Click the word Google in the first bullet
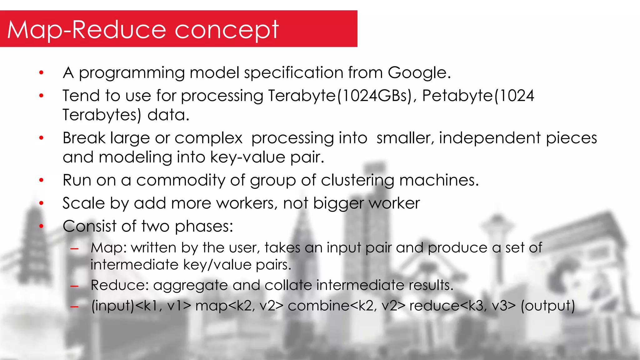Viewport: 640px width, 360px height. click(x=419, y=73)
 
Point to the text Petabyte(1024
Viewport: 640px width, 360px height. click(x=478, y=96)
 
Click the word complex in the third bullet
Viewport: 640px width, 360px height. click(x=208, y=138)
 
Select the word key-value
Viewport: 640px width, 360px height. click(x=248, y=157)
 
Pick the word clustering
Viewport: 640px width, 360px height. click(x=357, y=181)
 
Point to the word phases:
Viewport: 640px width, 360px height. click(x=204, y=227)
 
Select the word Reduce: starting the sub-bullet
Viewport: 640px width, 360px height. click(x=119, y=285)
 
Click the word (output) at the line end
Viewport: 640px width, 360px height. click(x=547, y=306)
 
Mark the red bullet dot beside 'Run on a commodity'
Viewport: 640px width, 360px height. click(x=41, y=180)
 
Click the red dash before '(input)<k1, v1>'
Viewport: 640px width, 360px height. click(x=74, y=307)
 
